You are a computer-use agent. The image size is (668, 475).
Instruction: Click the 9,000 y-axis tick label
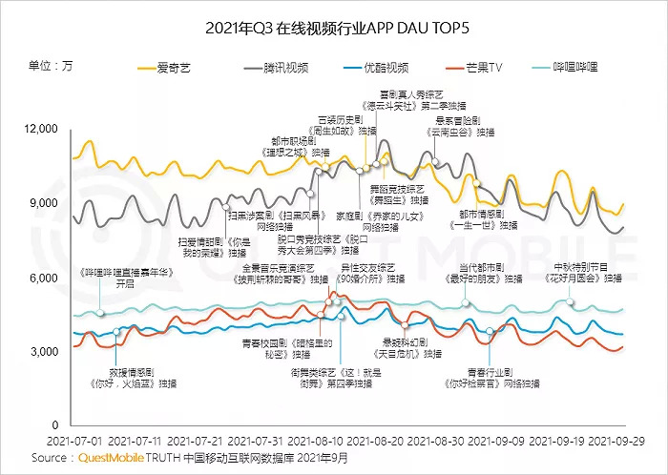(45, 203)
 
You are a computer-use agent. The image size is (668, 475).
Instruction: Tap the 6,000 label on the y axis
(45, 278)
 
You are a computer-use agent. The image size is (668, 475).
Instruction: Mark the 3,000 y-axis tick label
(45, 352)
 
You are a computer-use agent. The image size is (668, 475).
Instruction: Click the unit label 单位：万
(51, 67)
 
